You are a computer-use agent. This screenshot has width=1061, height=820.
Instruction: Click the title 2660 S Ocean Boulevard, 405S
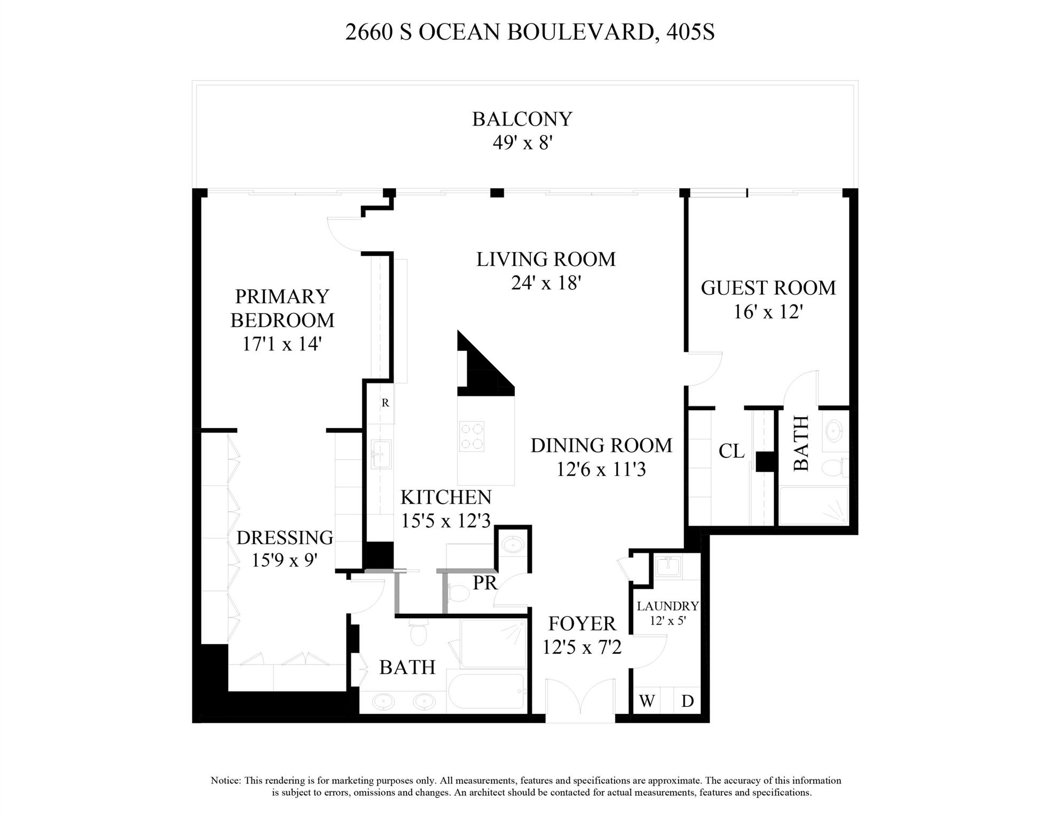[530, 32]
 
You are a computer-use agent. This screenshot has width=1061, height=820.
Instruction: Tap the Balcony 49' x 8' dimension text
[522, 143]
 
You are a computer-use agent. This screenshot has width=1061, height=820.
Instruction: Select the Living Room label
[546, 260]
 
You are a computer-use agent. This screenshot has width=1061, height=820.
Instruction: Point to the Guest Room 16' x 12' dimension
[768, 311]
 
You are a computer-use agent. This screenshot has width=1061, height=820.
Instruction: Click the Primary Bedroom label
[282, 308]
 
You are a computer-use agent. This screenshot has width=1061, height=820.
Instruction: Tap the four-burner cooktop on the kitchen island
[471, 436]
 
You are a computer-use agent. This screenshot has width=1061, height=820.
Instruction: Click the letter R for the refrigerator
[385, 403]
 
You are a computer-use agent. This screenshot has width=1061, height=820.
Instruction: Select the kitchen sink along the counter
[381, 454]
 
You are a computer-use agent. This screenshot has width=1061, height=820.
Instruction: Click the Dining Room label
[601, 446]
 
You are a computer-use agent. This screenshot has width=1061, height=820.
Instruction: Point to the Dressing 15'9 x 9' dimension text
[284, 560]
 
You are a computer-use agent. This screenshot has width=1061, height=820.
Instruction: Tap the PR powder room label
[485, 583]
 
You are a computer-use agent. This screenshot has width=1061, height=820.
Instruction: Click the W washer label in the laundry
[647, 701]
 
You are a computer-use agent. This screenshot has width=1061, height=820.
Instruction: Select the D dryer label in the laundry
[687, 701]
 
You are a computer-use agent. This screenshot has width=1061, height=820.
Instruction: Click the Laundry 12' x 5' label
[667, 607]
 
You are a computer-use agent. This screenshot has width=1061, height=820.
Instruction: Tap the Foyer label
[582, 624]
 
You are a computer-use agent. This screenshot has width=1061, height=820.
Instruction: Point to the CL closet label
[731, 451]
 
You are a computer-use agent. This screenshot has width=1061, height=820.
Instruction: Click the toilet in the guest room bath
[832, 468]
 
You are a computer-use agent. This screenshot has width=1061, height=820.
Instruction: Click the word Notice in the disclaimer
[226, 780]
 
